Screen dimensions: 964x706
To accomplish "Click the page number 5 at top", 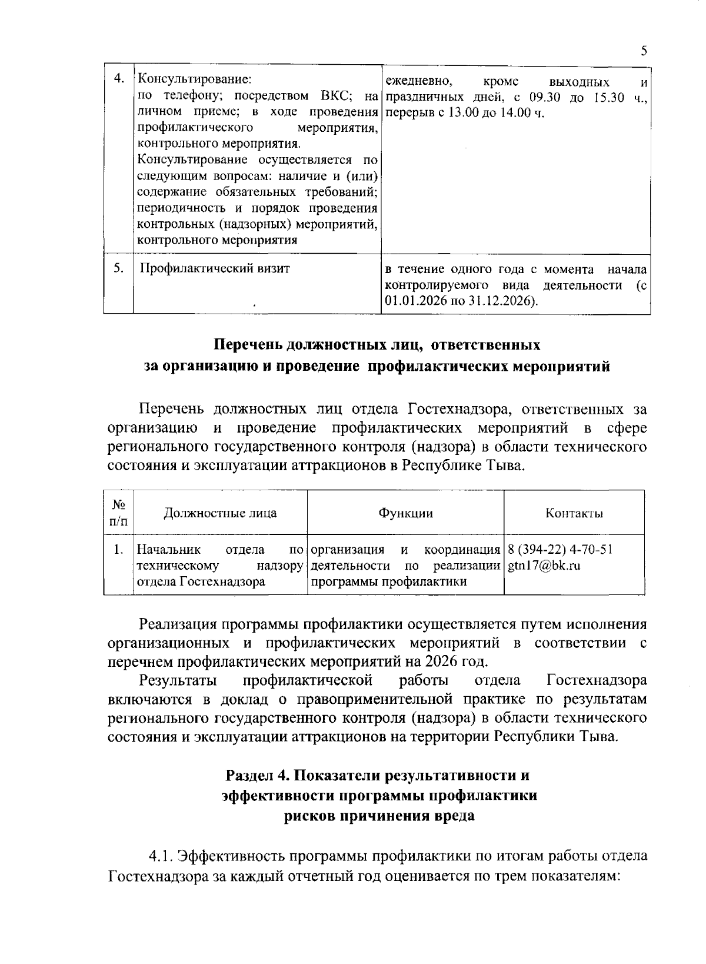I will pyautogui.click(x=644, y=51).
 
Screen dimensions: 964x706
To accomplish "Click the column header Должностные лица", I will pyautogui.click(x=220, y=513).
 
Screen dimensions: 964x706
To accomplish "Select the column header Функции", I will pyautogui.click(x=405, y=513).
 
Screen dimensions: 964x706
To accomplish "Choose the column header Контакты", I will pyautogui.click(x=574, y=513).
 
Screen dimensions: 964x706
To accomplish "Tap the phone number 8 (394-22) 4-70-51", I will pyautogui.click(x=560, y=550).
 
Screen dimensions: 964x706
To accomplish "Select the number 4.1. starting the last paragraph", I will pyautogui.click(x=161, y=855).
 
